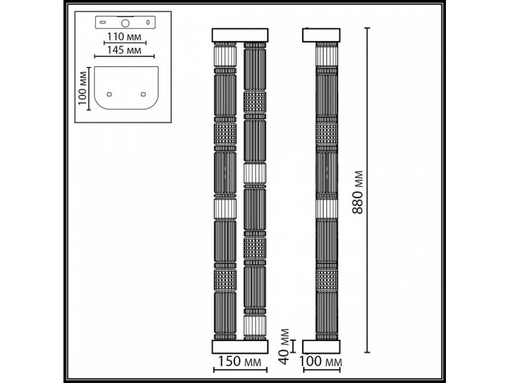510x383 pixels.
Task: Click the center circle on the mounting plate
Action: click(125, 23)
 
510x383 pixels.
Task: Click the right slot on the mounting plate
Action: click(148, 23)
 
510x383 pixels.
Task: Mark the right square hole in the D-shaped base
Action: click(143, 94)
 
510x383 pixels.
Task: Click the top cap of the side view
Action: click(322, 35)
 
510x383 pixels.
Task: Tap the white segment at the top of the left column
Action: click(225, 57)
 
